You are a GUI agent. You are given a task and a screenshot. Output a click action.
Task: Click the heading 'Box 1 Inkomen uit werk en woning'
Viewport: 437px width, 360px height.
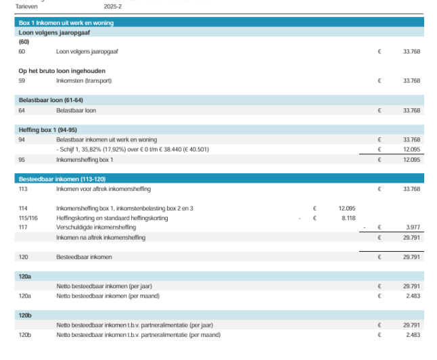pos(66,22)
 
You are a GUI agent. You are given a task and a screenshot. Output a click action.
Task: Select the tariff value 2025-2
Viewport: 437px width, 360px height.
pos(114,5)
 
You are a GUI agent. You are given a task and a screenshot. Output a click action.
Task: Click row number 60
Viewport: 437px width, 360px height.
pos(22,51)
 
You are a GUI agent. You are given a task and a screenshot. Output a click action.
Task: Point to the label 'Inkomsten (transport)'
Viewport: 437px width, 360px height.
pos(83,81)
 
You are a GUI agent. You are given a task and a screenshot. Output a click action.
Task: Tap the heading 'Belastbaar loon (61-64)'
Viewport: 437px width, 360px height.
pos(49,100)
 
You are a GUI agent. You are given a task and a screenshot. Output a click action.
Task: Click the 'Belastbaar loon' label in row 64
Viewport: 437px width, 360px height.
pos(76,110)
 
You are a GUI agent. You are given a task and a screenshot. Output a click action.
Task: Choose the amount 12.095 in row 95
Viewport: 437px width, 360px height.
pos(411,160)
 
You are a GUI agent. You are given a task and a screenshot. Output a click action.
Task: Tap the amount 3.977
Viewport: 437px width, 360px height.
pos(411,228)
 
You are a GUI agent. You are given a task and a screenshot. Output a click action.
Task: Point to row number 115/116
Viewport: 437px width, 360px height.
pos(28,219)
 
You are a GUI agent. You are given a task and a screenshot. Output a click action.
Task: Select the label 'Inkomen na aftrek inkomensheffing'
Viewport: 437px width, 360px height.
pos(101,238)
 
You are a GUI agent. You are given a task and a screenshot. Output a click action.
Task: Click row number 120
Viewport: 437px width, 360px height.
pos(23,257)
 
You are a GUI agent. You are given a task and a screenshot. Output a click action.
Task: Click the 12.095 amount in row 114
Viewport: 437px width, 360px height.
pos(346,208)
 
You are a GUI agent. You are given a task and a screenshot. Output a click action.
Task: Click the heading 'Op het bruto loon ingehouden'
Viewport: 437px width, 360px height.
pos(62,70)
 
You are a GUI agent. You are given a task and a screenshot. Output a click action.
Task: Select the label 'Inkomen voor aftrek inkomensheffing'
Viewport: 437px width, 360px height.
pos(103,189)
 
